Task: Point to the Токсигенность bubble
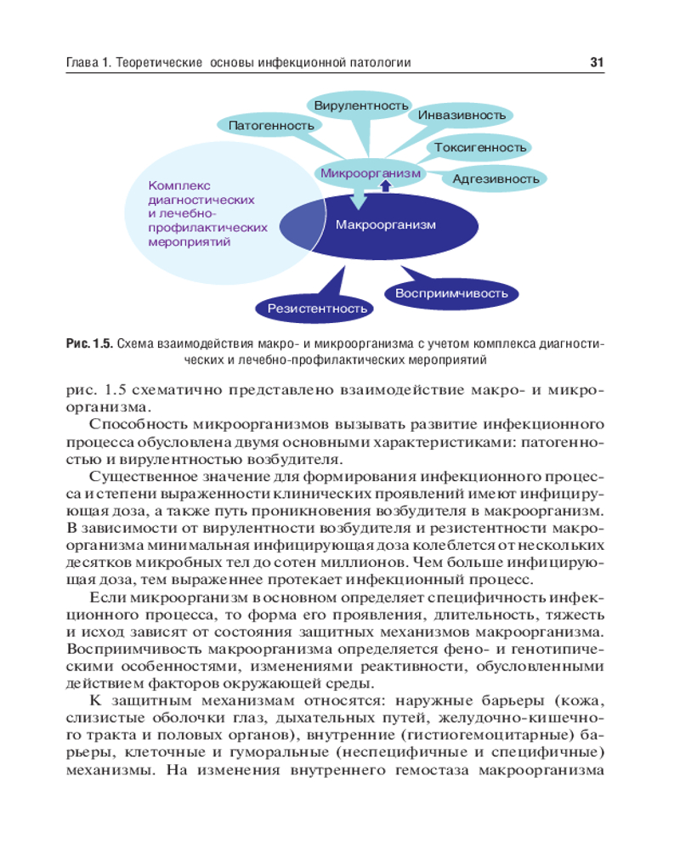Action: [480, 147]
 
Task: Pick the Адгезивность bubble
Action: [496, 178]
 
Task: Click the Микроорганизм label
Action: [371, 173]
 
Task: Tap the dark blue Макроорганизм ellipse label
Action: [385, 225]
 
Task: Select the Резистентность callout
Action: [317, 308]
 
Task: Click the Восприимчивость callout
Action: [451, 293]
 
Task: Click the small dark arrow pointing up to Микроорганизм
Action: [385, 185]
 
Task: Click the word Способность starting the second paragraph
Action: [139, 422]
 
